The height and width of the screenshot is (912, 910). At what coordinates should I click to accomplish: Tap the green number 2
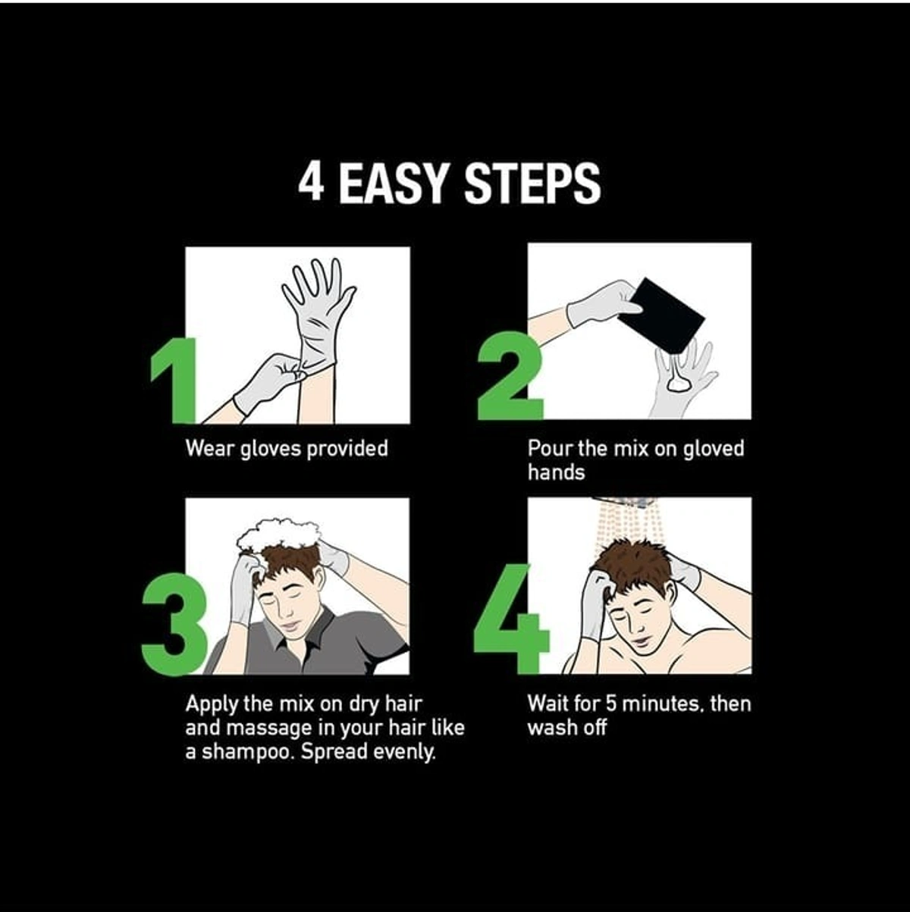pyautogui.click(x=510, y=376)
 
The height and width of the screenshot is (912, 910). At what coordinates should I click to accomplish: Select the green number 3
pyautogui.click(x=174, y=624)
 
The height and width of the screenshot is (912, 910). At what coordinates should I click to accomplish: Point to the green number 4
pyautogui.click(x=511, y=619)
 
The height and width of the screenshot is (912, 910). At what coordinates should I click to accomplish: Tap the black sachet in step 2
pyautogui.click(x=661, y=315)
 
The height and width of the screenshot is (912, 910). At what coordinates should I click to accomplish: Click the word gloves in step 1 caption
pyautogui.click(x=271, y=449)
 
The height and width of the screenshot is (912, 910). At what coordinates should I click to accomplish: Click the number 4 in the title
pyautogui.click(x=311, y=183)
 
